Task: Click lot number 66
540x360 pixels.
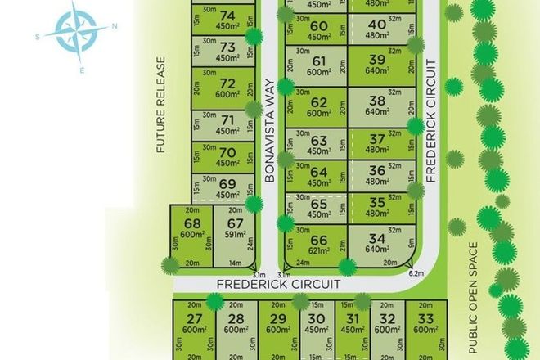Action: pyautogui.click(x=320, y=239)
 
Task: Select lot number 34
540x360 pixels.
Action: pyautogui.click(x=378, y=239)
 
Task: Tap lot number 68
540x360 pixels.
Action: pyautogui.click(x=192, y=223)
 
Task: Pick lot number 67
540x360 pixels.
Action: pyautogui.click(x=236, y=223)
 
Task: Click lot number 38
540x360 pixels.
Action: pyautogui.click(x=377, y=102)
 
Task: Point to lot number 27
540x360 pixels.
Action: pyautogui.click(x=194, y=318)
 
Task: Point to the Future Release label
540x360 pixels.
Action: pyautogui.click(x=161, y=106)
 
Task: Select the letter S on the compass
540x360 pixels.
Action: pyautogui.click(x=38, y=37)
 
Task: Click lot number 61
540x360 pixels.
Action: pyautogui.click(x=319, y=61)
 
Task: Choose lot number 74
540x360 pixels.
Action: pyautogui.click(x=228, y=15)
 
